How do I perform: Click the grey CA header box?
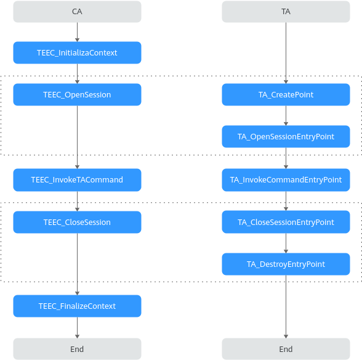click(x=77, y=12)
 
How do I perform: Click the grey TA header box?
click(x=286, y=12)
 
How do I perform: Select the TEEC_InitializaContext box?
click(x=77, y=53)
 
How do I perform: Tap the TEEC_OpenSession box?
click(x=77, y=94)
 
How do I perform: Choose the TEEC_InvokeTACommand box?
click(x=77, y=180)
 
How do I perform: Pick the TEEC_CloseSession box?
click(x=77, y=222)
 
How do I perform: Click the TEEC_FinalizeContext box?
click(x=77, y=306)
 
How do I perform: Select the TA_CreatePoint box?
click(x=286, y=94)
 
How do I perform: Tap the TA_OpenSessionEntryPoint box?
click(x=286, y=136)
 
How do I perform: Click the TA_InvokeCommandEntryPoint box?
click(x=286, y=180)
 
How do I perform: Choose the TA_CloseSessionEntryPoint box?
click(x=286, y=222)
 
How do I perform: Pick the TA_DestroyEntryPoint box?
click(x=286, y=264)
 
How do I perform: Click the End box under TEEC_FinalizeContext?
click(x=77, y=349)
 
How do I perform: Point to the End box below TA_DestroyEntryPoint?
click(x=286, y=349)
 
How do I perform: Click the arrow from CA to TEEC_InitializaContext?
click(x=77, y=32)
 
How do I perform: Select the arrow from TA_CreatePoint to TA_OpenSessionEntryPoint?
click(x=286, y=116)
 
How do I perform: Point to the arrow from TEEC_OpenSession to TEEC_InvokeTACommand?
click(x=77, y=137)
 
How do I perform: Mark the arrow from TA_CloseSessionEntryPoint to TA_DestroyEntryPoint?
click(x=286, y=243)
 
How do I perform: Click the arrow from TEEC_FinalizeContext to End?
click(x=77, y=327)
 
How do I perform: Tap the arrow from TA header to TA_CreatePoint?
click(x=286, y=53)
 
